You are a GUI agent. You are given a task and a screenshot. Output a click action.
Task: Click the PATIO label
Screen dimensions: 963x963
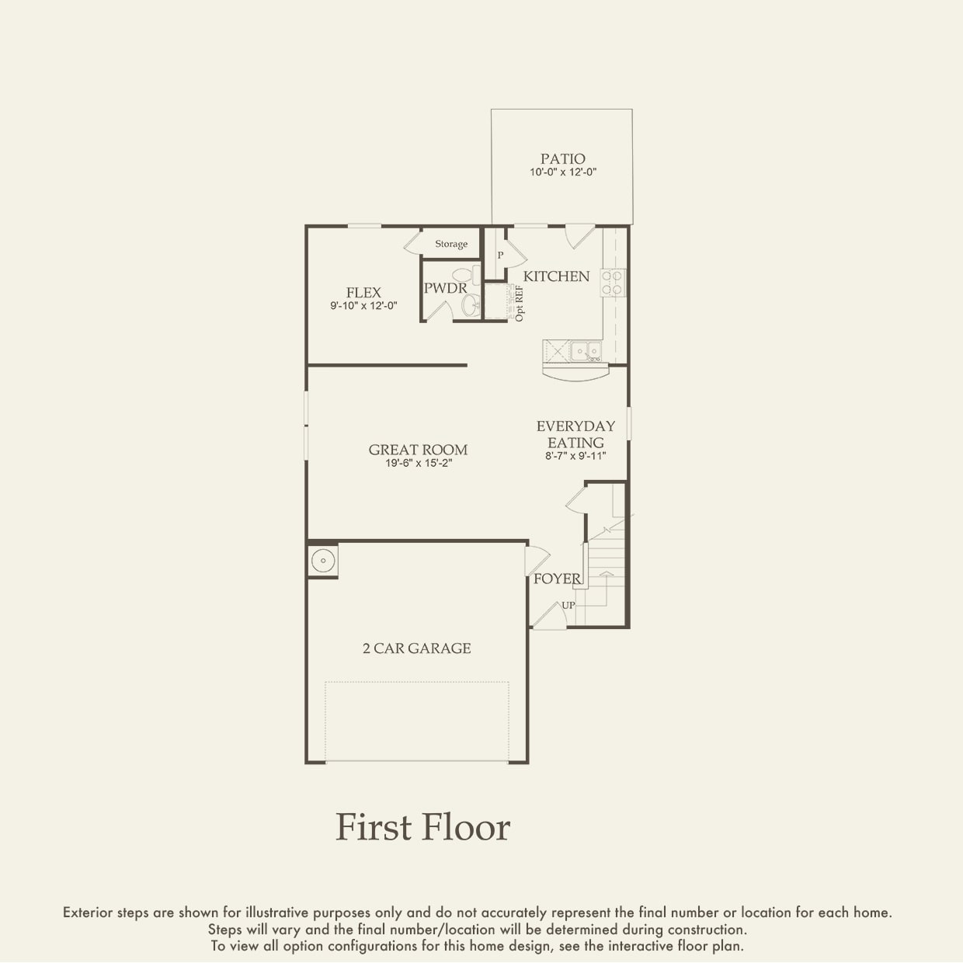point(563,159)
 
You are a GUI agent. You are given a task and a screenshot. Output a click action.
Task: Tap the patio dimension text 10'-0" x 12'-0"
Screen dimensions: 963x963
point(563,172)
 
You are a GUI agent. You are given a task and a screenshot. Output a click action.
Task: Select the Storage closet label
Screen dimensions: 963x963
point(451,244)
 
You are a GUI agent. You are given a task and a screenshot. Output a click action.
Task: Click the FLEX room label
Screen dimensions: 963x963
point(363,292)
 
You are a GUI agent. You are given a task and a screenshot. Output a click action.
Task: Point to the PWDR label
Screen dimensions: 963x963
point(445,288)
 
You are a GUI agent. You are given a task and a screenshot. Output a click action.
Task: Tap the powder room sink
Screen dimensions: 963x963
point(471,305)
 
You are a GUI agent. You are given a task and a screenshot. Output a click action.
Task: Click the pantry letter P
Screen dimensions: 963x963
point(500,255)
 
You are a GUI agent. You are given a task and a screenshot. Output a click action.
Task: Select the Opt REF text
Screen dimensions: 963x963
point(520,303)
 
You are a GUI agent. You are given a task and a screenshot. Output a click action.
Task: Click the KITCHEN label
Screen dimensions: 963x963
point(556,276)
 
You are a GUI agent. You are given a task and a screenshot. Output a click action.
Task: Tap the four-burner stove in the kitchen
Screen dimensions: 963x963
point(614,283)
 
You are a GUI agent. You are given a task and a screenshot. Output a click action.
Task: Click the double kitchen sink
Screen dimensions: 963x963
point(586,350)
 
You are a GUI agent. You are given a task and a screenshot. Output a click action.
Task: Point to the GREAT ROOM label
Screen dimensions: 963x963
point(419,450)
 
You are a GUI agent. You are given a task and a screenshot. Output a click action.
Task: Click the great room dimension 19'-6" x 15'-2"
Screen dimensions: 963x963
point(419,464)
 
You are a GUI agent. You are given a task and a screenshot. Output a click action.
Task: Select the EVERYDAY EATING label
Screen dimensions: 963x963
point(575,434)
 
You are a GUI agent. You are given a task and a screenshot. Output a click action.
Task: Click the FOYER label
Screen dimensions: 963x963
point(557,579)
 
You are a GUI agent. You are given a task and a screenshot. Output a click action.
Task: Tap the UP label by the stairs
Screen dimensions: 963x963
point(568,605)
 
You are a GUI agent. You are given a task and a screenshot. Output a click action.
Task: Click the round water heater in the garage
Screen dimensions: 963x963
point(323,560)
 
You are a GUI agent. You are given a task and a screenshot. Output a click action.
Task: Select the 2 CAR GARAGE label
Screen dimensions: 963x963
point(417,648)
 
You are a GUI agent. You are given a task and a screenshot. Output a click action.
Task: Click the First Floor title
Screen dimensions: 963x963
point(422,827)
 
